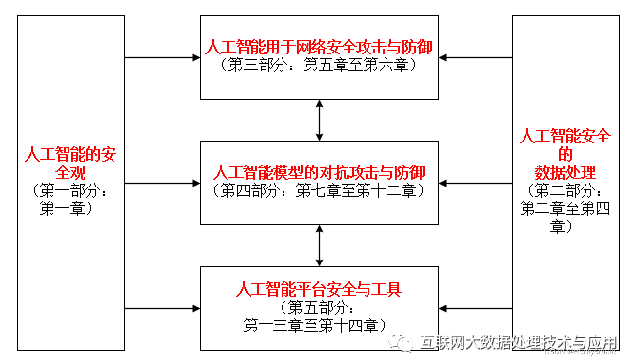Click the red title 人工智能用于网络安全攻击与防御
319,47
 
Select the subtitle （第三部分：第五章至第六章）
319,65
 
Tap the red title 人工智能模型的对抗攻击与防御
319,172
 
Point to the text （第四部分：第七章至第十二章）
319,191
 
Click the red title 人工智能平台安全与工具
319,289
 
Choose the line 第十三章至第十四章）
319,326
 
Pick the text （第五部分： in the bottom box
319,308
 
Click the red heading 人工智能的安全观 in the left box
70,163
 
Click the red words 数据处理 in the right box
565,172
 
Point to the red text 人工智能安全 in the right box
565,136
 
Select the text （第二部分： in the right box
565,191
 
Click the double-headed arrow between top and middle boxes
319,120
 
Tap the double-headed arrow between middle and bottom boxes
319,246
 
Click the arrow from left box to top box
162,57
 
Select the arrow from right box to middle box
475,183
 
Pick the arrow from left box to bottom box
162,308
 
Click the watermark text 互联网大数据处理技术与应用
518,342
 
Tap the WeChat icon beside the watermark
399,342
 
